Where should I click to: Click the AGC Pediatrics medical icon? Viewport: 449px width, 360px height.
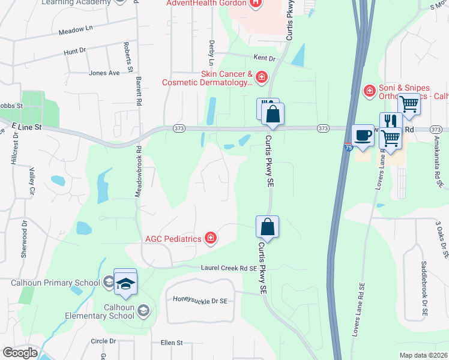coord(210,239)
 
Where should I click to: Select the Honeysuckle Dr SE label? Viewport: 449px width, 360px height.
coord(200,300)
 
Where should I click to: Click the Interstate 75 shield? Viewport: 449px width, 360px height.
coord(349,146)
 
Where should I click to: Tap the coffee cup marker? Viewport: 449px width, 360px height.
coord(363,135)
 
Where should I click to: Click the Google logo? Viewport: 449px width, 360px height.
coord(20,353)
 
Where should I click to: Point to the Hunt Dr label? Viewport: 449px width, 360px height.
coord(76,53)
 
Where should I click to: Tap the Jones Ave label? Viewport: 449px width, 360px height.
coord(104,73)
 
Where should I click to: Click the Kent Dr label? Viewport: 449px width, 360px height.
coord(264,58)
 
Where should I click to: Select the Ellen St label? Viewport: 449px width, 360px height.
coord(171,343)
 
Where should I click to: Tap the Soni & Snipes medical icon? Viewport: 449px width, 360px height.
coord(370,91)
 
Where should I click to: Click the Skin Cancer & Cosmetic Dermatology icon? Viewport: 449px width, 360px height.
coord(261,77)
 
